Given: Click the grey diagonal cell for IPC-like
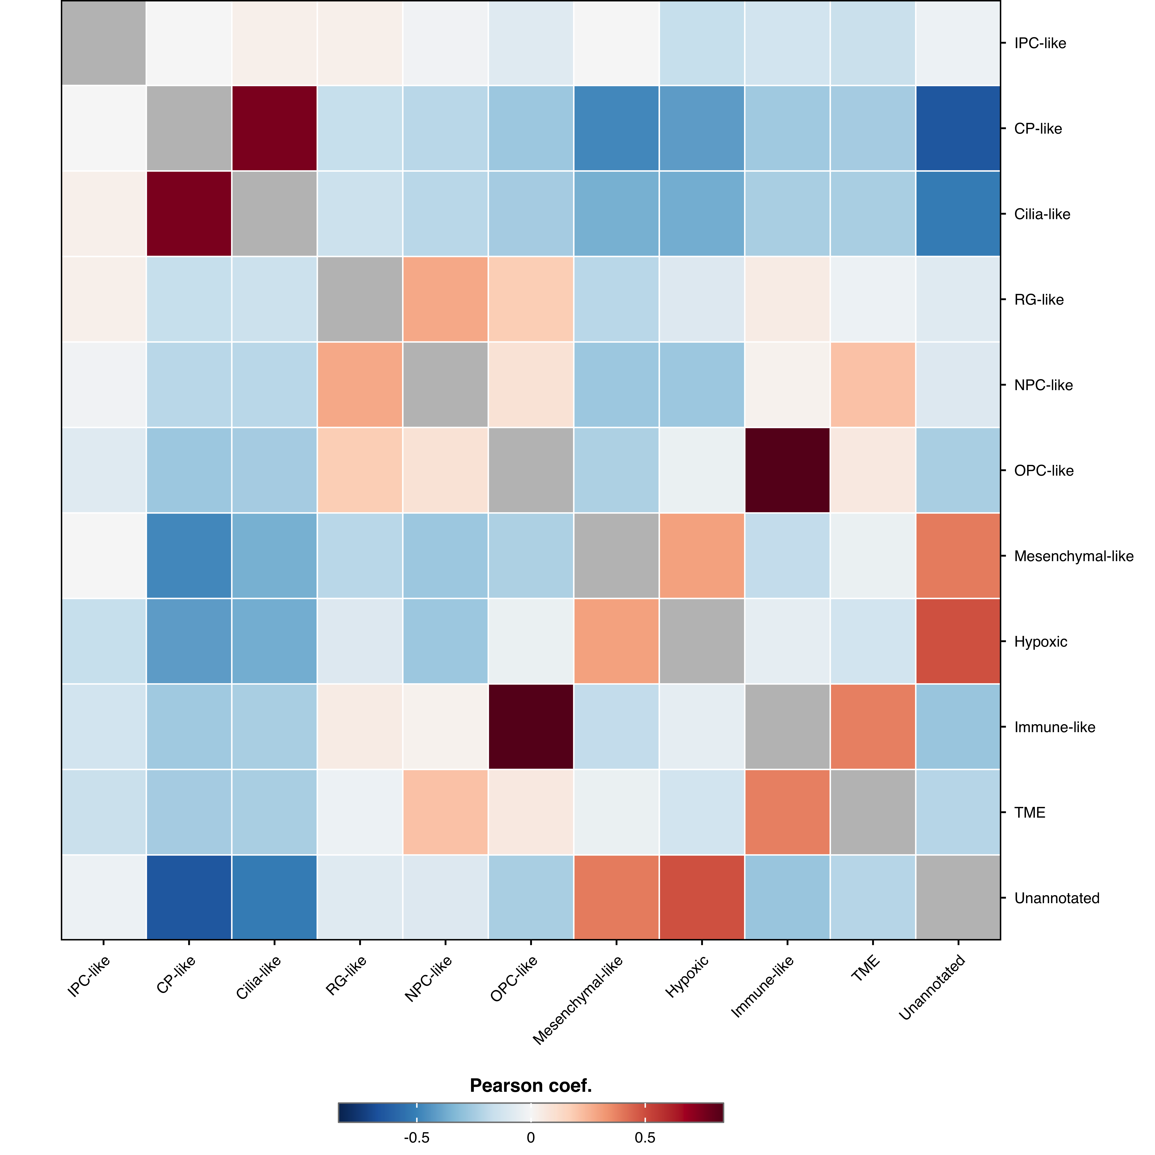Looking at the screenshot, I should [x=103, y=43].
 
